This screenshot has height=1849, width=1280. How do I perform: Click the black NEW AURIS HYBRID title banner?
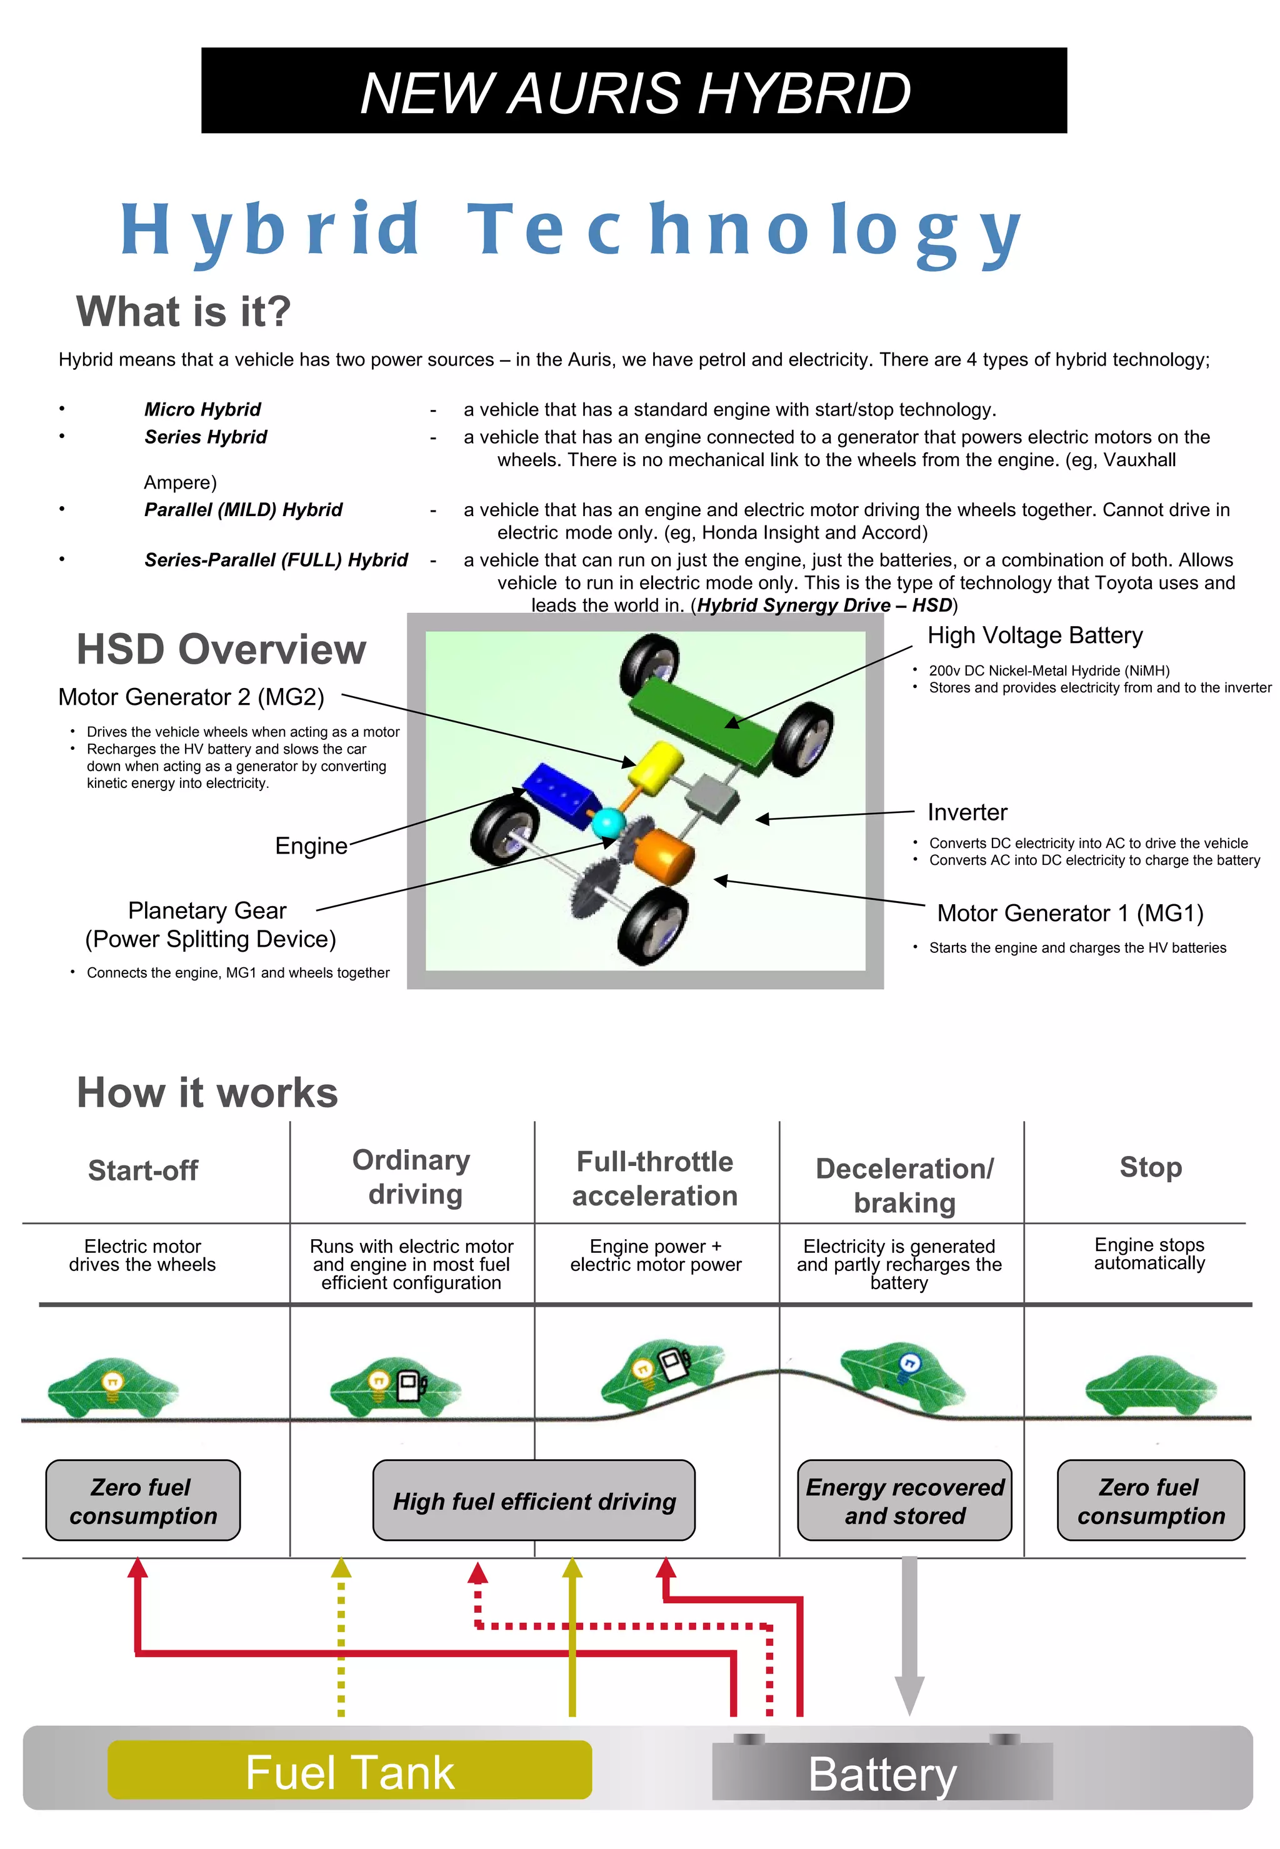pyautogui.click(x=634, y=91)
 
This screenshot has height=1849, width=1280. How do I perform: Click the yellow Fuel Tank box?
pyautogui.click(x=349, y=1772)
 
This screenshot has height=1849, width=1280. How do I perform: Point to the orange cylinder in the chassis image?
pyautogui.click(x=664, y=856)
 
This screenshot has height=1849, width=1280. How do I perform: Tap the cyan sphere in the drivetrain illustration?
pyautogui.click(x=607, y=824)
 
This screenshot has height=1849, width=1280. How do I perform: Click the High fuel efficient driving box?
pyautogui.click(x=534, y=1501)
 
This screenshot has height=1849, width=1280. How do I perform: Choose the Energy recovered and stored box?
pyautogui.click(x=904, y=1501)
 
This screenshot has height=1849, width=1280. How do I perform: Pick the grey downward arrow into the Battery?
pyautogui.click(x=909, y=1636)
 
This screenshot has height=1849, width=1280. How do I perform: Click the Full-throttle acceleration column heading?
pyautogui.click(x=655, y=1178)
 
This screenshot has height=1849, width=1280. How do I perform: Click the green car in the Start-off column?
pyautogui.click(x=113, y=1387)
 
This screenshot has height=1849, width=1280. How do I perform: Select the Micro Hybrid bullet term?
pyautogui.click(x=202, y=410)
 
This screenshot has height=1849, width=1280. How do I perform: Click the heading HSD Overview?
pyautogui.click(x=221, y=649)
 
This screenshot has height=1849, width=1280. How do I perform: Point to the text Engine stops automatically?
pyautogui.click(x=1149, y=1253)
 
